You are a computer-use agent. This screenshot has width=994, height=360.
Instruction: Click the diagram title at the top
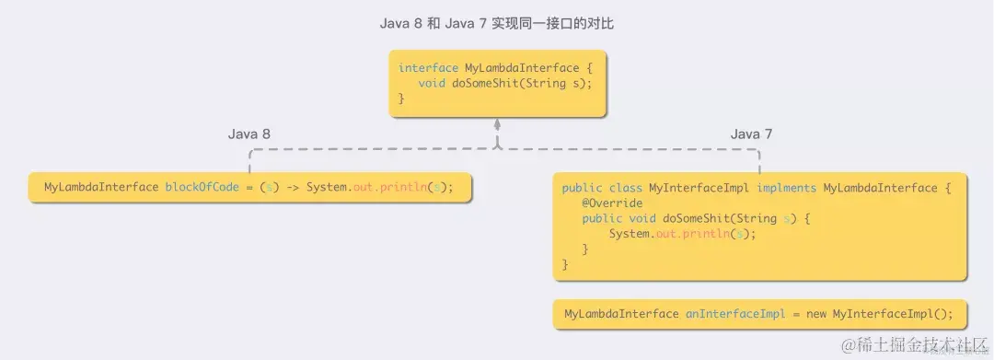click(x=497, y=23)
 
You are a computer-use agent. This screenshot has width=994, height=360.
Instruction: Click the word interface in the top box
click(x=429, y=68)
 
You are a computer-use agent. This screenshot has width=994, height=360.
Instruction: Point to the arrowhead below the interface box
click(x=497, y=123)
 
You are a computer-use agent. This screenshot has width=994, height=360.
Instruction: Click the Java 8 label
click(x=249, y=134)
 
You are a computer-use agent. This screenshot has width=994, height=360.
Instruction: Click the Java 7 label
click(x=752, y=134)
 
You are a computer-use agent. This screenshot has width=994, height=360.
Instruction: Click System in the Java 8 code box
click(x=326, y=188)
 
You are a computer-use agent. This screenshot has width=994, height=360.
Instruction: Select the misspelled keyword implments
click(x=787, y=188)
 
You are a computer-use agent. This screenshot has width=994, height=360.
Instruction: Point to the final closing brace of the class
click(x=565, y=265)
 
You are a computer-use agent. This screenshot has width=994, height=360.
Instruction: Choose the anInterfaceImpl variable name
click(x=735, y=314)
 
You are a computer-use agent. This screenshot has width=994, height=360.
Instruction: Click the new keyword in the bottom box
click(x=816, y=314)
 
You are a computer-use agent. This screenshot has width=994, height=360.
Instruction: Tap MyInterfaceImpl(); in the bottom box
click(x=892, y=314)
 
